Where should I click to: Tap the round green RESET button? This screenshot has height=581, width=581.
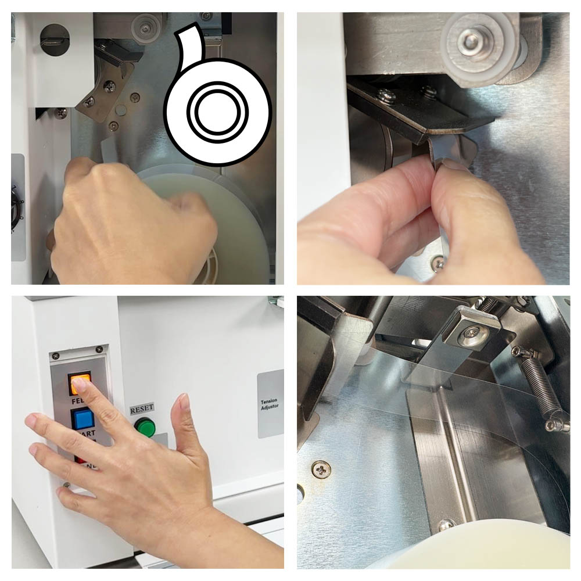tap(145, 428)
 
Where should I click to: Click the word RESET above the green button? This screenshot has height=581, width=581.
tap(142, 409)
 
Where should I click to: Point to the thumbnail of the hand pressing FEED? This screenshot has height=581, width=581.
tap(148, 432)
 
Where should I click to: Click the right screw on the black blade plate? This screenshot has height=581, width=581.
tap(429, 92)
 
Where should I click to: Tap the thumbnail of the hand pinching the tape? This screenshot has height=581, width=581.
tap(433, 148)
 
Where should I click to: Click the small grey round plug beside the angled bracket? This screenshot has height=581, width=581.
tap(121, 109)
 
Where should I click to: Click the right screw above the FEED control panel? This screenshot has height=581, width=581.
tap(99, 349)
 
